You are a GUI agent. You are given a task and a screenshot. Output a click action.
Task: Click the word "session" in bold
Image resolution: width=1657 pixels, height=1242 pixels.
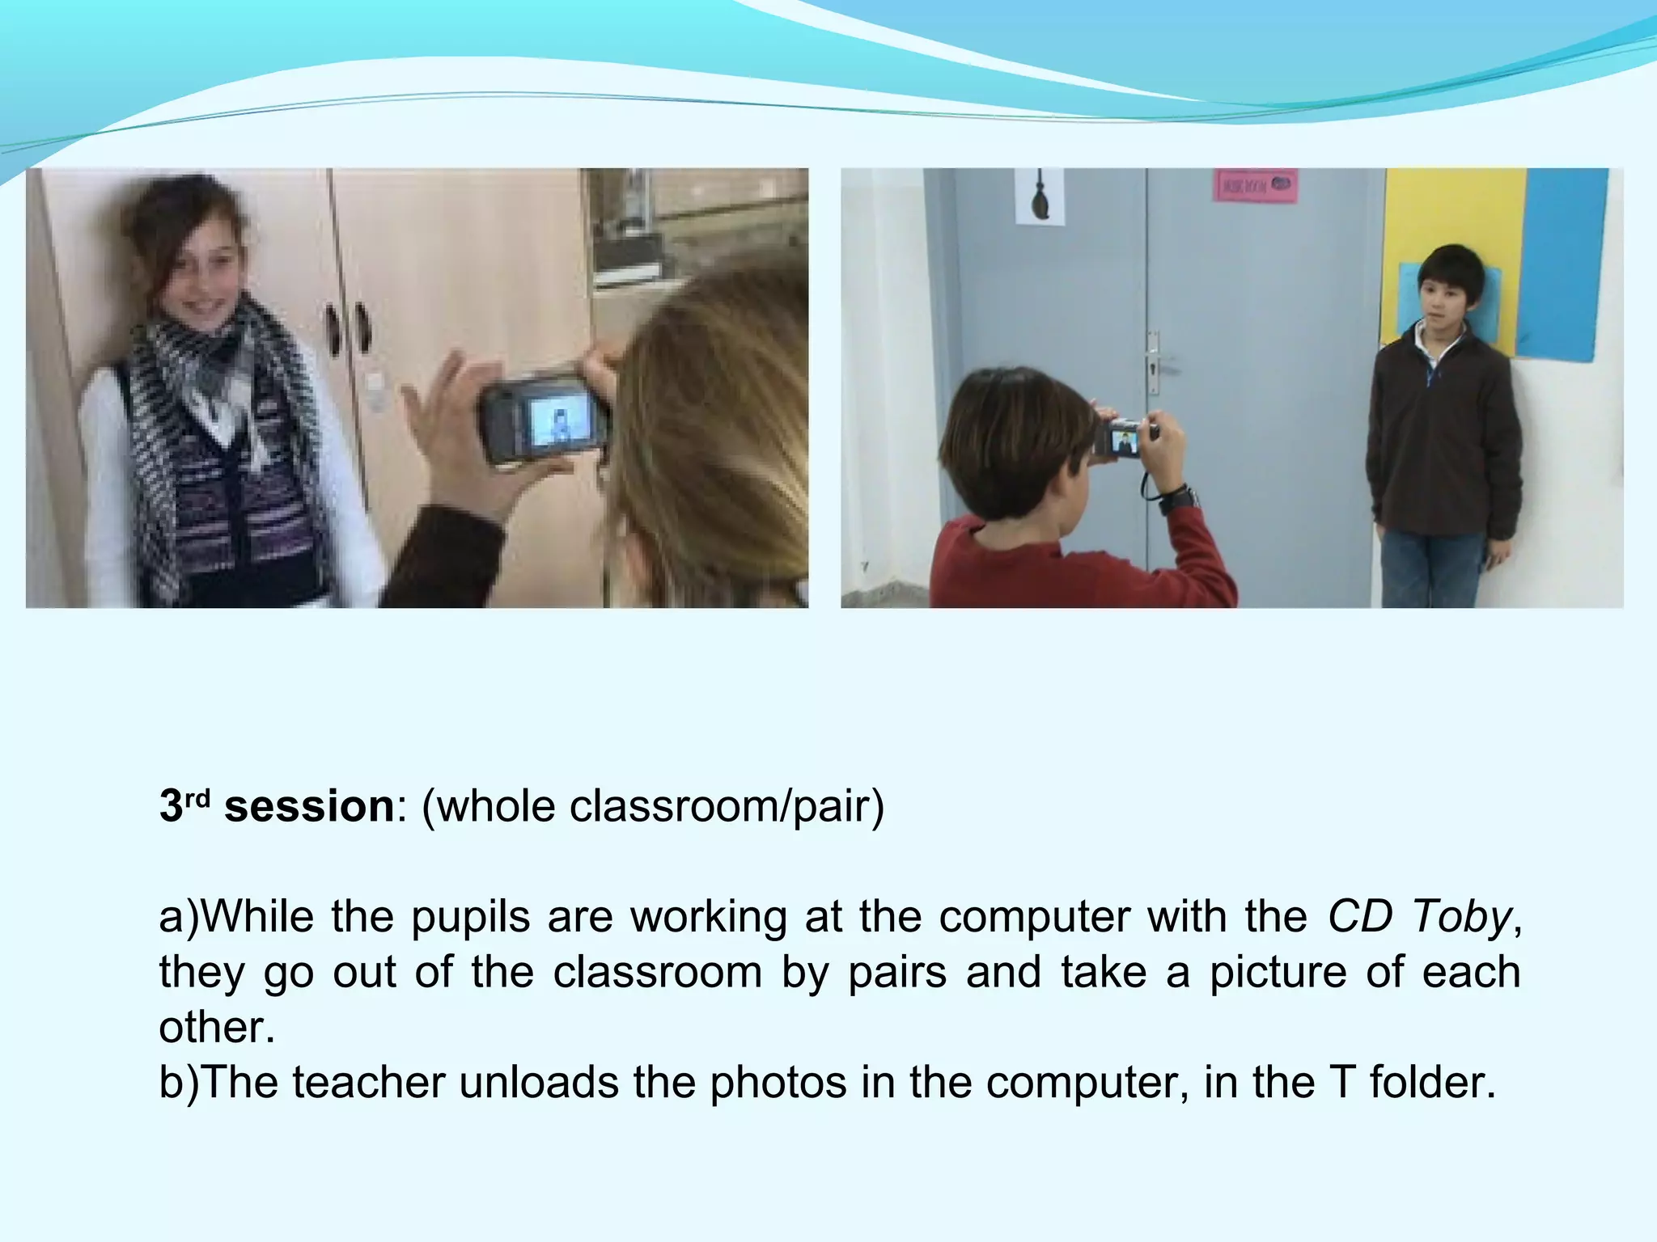click(x=308, y=807)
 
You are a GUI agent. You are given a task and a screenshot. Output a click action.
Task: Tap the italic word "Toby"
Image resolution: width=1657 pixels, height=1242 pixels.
click(x=1461, y=917)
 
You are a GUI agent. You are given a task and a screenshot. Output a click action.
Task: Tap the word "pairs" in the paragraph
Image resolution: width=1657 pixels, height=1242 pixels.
click(x=896, y=972)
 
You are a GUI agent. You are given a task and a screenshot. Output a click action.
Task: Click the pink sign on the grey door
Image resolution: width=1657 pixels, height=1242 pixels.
click(x=1254, y=185)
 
